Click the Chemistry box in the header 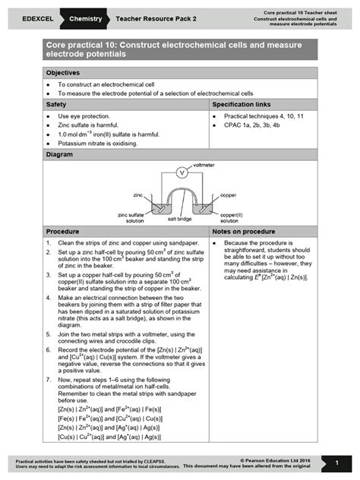86,16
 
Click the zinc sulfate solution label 134,218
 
